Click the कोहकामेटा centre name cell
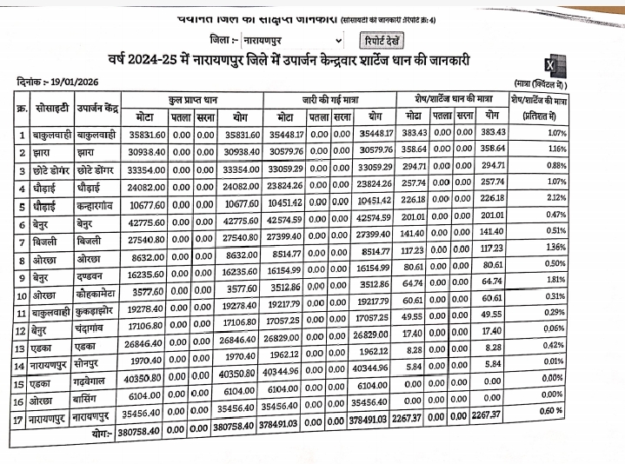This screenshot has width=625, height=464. [98, 292]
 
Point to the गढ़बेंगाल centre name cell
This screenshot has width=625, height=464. [96, 382]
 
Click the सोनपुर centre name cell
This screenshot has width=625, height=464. [95, 365]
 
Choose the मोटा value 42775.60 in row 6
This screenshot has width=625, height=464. [145, 223]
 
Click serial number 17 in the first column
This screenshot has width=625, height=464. [21, 418]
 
